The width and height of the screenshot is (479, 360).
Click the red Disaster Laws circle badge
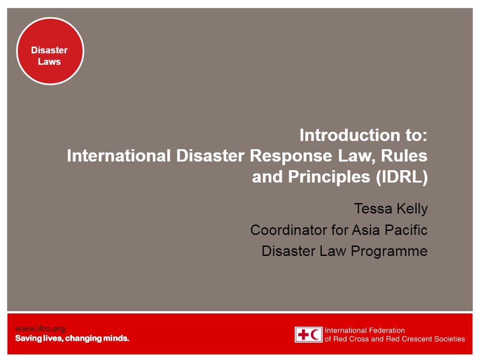click(50, 51)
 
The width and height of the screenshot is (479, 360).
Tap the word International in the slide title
click(119, 156)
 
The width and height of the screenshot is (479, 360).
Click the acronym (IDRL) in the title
click(402, 177)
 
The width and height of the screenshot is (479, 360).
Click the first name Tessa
click(373, 209)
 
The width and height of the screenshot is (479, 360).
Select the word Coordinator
click(289, 230)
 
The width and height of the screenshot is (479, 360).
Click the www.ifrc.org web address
click(40, 329)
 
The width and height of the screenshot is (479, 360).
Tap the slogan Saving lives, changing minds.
click(72, 338)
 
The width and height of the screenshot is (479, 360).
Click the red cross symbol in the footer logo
click(303, 334)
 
